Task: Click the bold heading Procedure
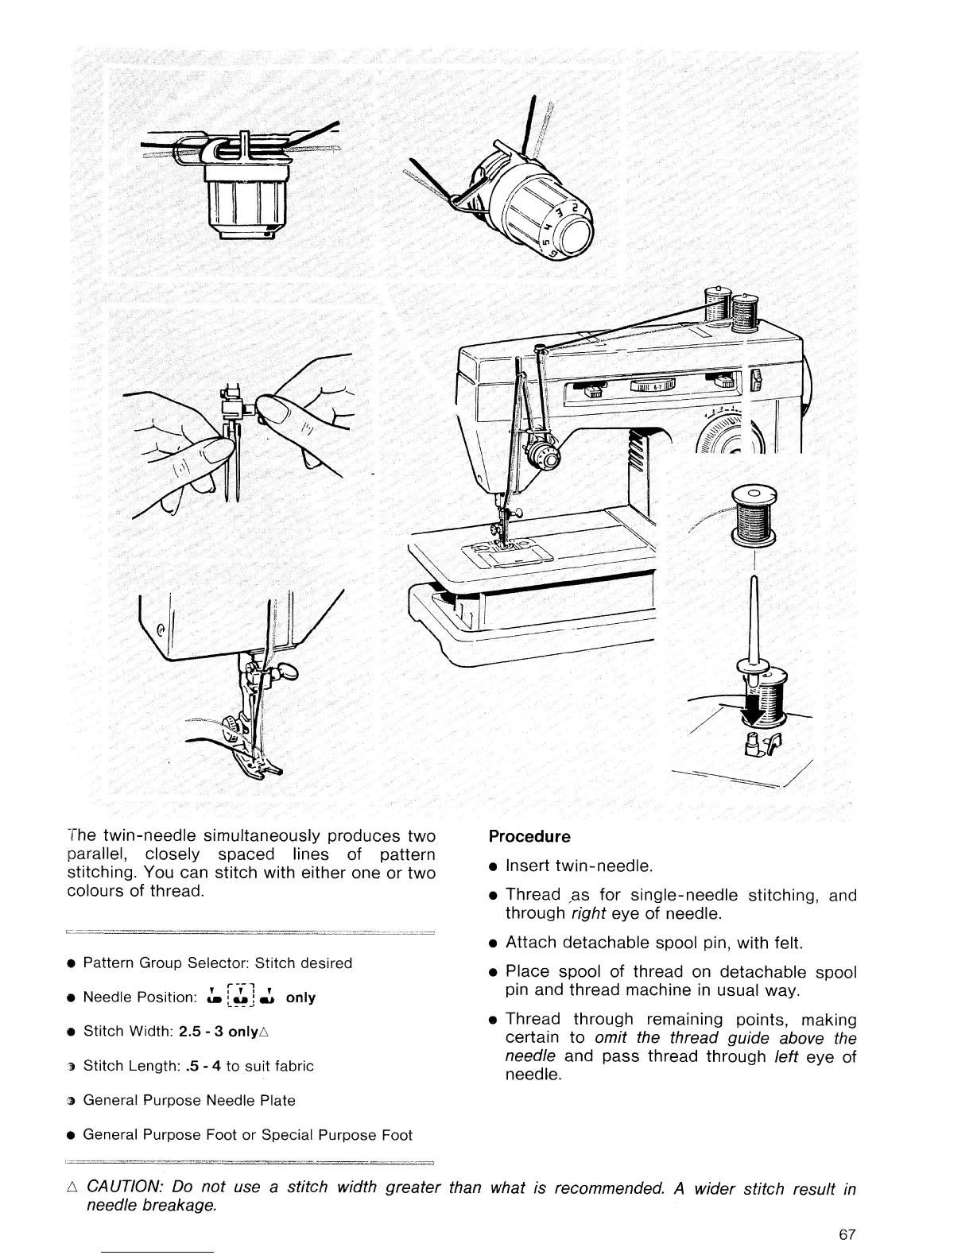click(529, 837)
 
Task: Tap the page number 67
click(847, 1235)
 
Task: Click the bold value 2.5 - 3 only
click(223, 1032)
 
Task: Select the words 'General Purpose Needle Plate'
click(189, 1101)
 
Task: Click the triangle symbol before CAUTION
click(73, 1188)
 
